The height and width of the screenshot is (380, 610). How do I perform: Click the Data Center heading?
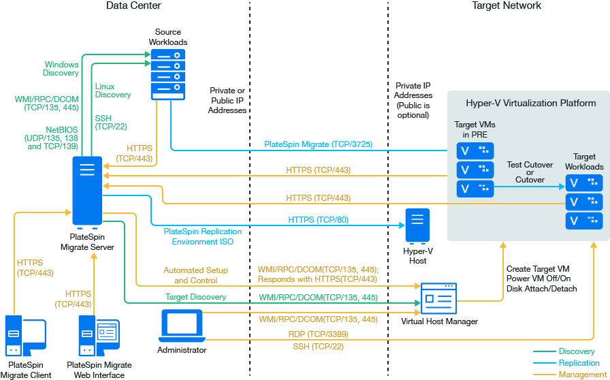coord(134,6)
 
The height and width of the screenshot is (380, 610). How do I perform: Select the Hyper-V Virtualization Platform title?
coord(531,104)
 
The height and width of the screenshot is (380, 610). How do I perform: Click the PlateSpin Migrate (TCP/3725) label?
coord(319,145)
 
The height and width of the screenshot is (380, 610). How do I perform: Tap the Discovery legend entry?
coord(575,351)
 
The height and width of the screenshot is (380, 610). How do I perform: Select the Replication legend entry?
coord(579,363)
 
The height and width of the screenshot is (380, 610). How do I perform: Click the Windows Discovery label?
coord(61,69)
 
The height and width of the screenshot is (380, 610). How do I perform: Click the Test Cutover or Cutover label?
coord(530,172)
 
